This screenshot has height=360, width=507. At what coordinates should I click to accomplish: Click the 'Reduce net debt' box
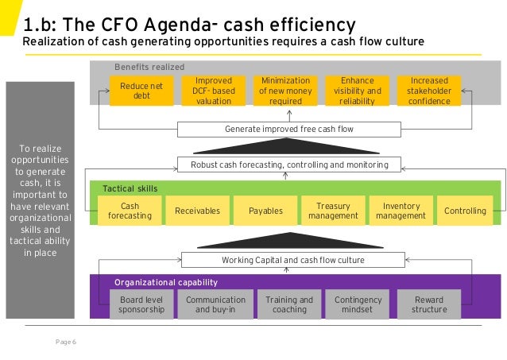141,91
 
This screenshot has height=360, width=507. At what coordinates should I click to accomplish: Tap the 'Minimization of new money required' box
284,91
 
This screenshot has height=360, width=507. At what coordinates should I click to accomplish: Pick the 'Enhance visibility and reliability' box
357,91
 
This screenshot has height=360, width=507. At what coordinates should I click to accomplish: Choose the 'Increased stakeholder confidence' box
429,91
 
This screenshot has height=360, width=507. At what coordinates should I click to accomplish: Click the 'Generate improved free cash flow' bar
289,129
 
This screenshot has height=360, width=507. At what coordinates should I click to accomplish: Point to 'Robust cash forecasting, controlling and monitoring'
289,165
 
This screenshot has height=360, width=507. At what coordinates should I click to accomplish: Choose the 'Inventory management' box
401,211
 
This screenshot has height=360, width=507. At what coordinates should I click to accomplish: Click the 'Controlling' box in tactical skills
465,211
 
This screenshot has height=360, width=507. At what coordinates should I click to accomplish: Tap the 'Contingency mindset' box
358,304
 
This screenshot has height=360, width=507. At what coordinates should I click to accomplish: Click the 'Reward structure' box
429,304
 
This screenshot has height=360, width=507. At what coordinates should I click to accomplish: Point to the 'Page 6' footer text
65,342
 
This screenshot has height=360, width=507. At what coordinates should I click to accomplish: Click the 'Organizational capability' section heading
165,282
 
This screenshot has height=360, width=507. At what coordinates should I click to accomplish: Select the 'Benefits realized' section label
149,68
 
